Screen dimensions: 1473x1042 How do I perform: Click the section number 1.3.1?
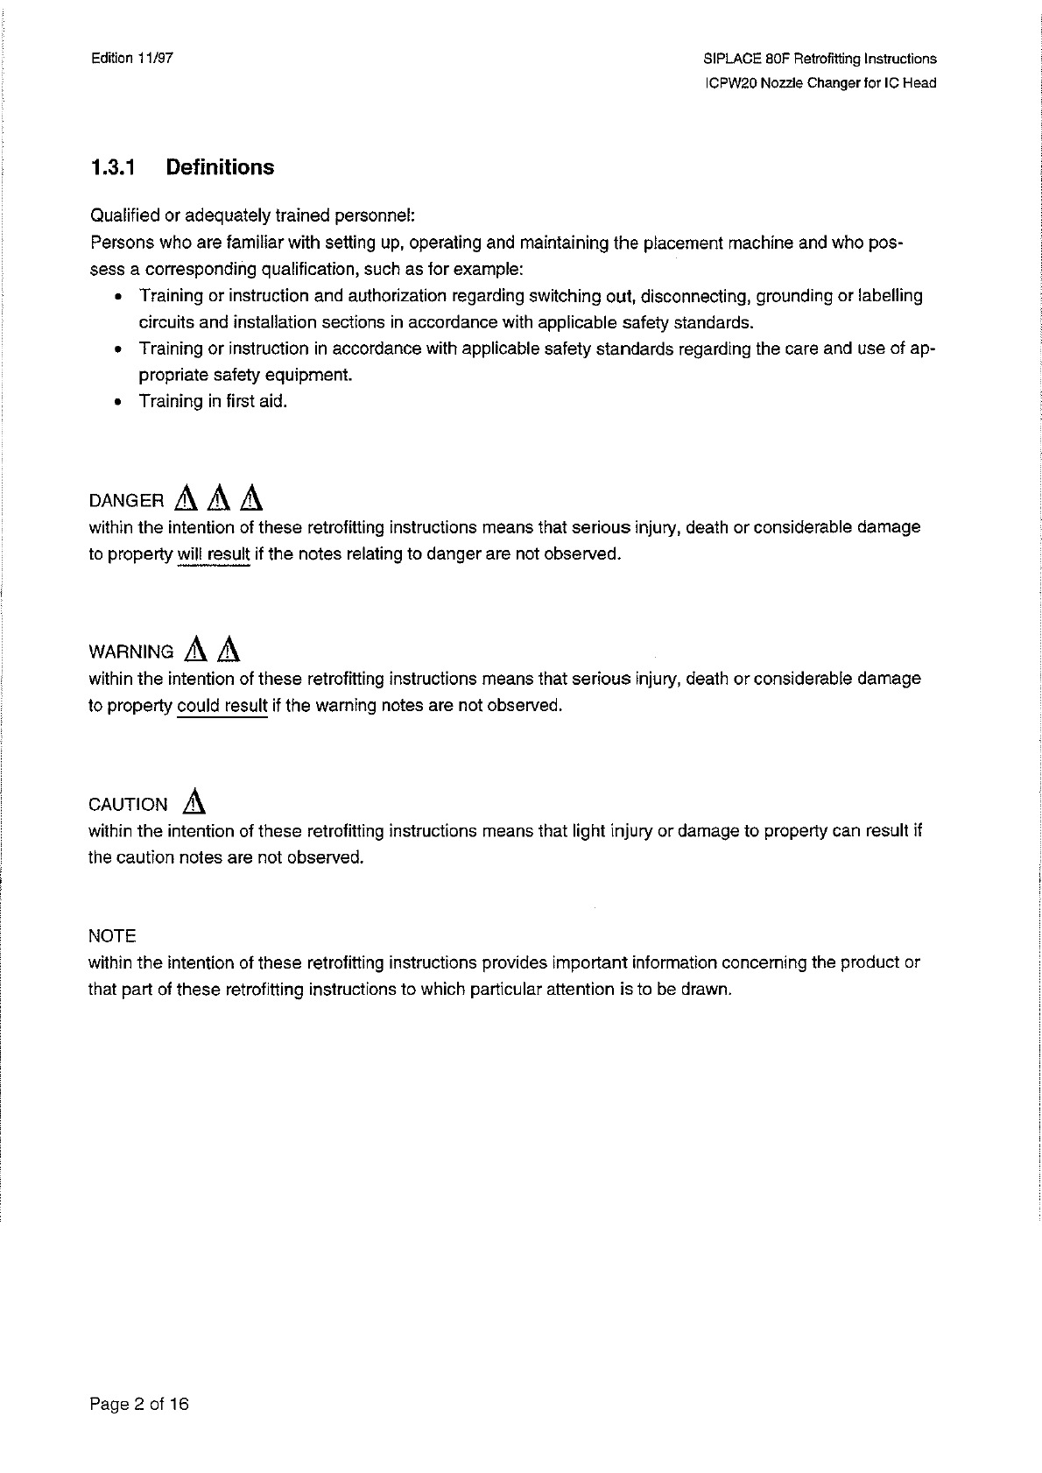[112, 167]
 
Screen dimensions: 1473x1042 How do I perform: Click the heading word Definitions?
[220, 167]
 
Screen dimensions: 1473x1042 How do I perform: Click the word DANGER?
[126, 501]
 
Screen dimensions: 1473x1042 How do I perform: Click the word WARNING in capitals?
[131, 652]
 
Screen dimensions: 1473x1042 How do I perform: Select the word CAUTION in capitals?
[128, 805]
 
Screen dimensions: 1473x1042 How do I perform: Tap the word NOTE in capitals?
[112, 936]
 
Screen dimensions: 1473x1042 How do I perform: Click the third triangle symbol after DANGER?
[251, 498]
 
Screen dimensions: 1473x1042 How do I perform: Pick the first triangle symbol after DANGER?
[186, 498]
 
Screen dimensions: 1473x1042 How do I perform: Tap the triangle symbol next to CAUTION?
[195, 801]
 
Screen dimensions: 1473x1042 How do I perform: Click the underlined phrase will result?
[214, 554]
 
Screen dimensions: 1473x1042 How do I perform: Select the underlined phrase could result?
[222, 706]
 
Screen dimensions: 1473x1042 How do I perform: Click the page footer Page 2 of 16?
[138, 1405]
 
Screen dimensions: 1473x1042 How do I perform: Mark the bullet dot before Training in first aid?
[117, 402]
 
